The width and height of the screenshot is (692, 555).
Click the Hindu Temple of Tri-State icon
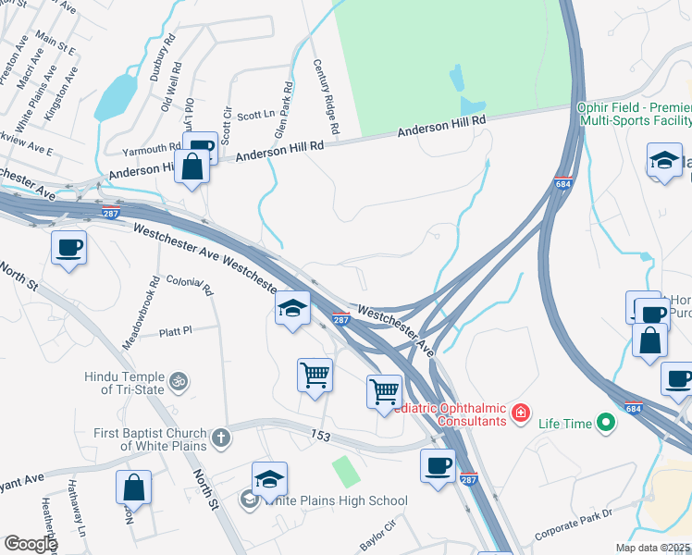click(x=180, y=379)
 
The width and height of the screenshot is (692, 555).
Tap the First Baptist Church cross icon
click(x=220, y=438)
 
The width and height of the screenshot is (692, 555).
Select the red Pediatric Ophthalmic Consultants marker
click(x=522, y=412)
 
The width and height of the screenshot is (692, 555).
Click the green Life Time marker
click(x=606, y=424)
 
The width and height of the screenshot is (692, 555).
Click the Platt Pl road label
click(x=174, y=330)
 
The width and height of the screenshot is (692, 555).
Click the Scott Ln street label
click(x=256, y=116)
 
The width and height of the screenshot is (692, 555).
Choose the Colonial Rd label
click(x=190, y=285)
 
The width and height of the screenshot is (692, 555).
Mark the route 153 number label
click(x=320, y=435)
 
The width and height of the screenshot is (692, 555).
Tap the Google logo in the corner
click(x=30, y=544)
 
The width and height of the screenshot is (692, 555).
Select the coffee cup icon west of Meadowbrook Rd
click(x=69, y=248)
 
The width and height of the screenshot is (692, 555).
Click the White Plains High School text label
click(x=335, y=501)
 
